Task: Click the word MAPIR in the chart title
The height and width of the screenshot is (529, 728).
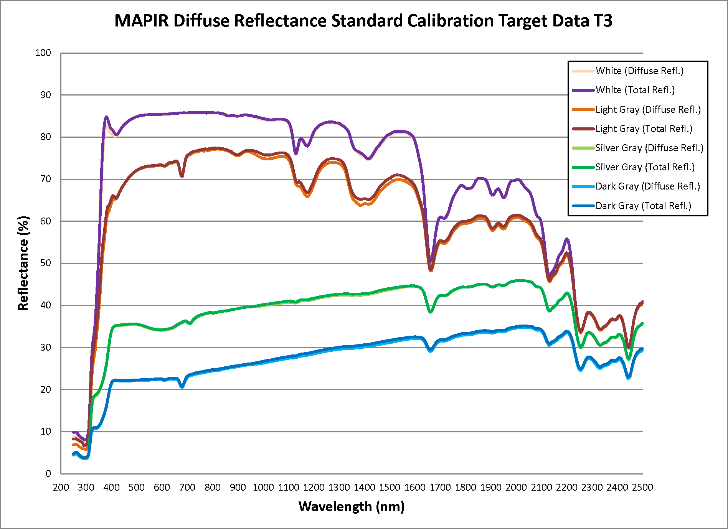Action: coord(141,21)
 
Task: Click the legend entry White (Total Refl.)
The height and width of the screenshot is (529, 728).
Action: coord(635,90)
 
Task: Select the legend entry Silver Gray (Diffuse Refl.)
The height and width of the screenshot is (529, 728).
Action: coord(649,148)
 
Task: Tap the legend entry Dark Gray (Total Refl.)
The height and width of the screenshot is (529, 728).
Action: coord(643,206)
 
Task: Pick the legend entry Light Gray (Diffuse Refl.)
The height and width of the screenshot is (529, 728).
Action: coord(648,109)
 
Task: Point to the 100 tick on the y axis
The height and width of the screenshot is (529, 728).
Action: coord(43,53)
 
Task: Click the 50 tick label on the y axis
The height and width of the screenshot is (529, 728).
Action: coord(45,263)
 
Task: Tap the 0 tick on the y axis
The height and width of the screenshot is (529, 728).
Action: coord(48,473)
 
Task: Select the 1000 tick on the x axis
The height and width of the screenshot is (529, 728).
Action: coord(263,487)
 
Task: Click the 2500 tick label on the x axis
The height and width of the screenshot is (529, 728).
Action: coord(642,487)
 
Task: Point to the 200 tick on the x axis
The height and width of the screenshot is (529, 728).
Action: coord(61,487)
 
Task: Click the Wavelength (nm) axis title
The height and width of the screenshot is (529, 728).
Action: coord(352,506)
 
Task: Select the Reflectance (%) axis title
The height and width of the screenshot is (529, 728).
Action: coord(23,263)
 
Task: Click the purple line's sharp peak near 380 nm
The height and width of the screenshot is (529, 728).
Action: coord(106,117)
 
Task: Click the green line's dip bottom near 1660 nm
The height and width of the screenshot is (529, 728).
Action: coord(431,312)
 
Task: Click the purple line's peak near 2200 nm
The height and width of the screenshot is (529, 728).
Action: coord(567,239)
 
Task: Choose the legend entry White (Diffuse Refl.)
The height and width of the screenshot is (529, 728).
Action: coord(639,71)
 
